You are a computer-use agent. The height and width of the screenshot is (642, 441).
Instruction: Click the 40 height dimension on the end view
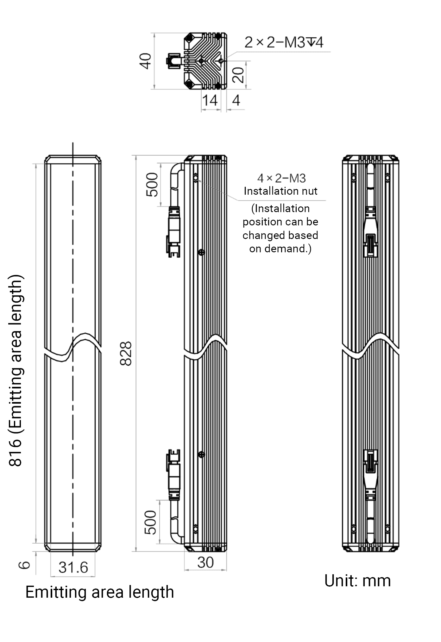[x=145, y=61]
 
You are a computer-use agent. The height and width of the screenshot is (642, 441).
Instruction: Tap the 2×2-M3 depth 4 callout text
[x=284, y=42]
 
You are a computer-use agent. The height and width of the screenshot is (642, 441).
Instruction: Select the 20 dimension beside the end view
[x=238, y=75]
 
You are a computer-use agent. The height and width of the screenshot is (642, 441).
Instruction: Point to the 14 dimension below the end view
[x=210, y=100]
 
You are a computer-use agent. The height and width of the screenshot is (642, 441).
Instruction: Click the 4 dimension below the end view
[x=236, y=100]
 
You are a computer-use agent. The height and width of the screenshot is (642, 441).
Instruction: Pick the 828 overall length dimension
[x=126, y=353]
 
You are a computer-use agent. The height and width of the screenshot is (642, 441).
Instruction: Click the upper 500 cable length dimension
[x=152, y=185]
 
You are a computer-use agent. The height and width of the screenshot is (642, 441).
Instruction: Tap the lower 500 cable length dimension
[x=150, y=522]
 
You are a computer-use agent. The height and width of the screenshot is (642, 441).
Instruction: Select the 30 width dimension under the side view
[x=205, y=563]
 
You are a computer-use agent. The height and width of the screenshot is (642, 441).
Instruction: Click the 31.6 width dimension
[x=73, y=567]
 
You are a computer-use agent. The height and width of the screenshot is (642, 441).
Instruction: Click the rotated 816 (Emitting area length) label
[x=16, y=371]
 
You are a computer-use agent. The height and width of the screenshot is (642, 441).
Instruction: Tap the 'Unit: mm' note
[x=357, y=581]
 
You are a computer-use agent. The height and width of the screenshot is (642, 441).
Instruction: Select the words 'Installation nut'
[x=280, y=191]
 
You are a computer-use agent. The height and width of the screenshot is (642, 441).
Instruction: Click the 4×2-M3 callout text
[x=281, y=179]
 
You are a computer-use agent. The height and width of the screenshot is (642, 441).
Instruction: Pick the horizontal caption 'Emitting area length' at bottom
[x=100, y=592]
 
